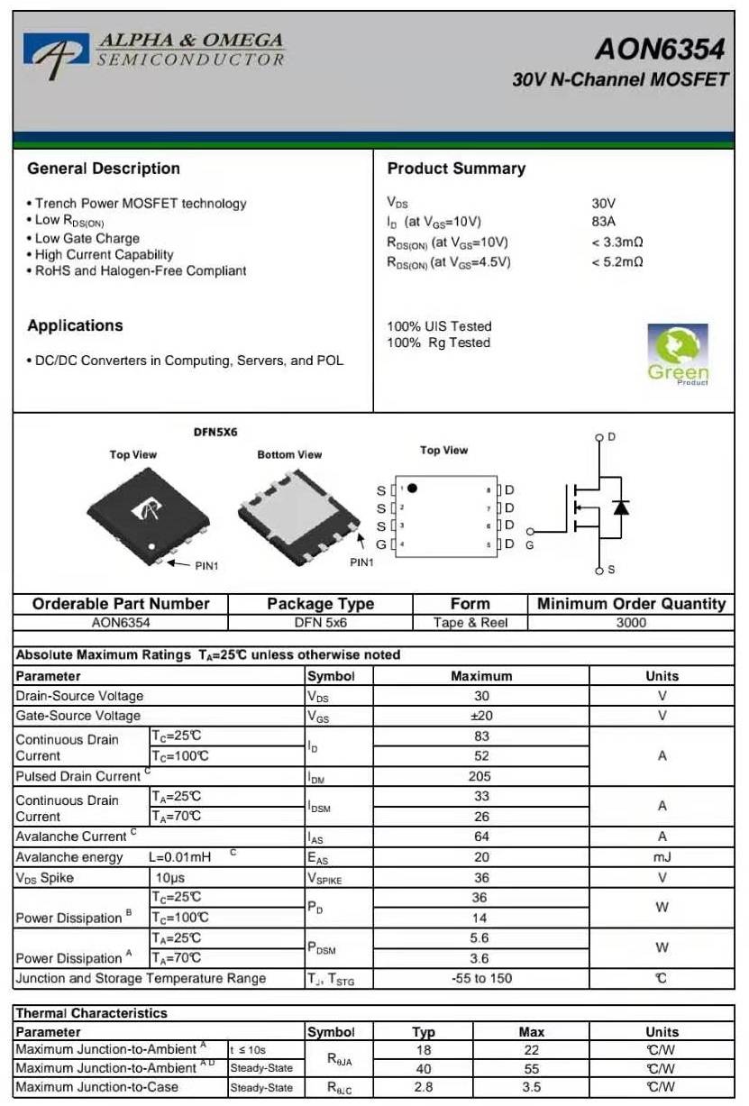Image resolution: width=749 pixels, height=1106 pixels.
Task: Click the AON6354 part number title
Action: tap(660, 49)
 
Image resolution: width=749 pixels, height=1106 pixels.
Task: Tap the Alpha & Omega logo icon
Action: tap(56, 51)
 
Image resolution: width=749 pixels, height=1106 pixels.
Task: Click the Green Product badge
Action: tap(678, 354)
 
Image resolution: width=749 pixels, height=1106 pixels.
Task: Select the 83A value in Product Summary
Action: tap(603, 222)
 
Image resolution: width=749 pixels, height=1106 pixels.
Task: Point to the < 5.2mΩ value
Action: tap(617, 262)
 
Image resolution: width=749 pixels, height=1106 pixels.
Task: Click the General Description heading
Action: tap(104, 169)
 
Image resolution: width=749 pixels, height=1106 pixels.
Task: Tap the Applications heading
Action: tap(75, 325)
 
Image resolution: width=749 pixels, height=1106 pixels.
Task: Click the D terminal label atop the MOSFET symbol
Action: tap(611, 437)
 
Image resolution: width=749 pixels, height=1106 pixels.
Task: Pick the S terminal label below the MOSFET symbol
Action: tap(611, 570)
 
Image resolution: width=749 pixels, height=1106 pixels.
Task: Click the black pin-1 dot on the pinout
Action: tap(412, 489)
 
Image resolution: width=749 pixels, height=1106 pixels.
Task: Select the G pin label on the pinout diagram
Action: tap(381, 544)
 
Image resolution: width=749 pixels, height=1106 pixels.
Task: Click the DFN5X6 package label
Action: tap(215, 433)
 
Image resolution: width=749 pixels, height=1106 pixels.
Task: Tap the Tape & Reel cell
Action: tap(470, 623)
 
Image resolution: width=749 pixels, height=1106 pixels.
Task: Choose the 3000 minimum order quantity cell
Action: tap(631, 623)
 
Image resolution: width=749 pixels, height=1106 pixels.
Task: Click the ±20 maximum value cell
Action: tap(480, 716)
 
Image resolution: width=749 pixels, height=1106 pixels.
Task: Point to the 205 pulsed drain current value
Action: tap(480, 776)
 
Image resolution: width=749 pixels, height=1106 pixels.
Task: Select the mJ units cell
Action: tap(662, 857)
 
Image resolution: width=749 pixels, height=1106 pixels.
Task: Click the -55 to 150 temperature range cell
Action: tap(480, 979)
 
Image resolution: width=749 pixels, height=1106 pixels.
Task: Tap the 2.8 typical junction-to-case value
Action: tap(423, 1087)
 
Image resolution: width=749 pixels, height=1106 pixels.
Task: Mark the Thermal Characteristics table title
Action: tap(92, 1013)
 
